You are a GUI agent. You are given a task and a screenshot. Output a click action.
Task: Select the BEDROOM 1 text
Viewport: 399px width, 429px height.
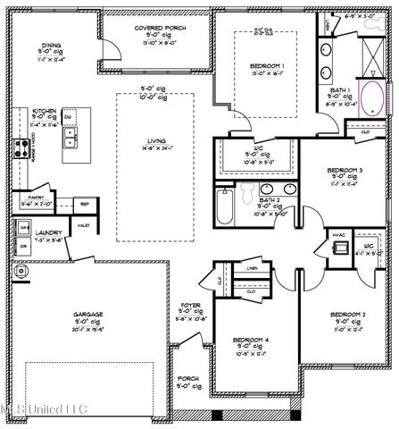point(267,66)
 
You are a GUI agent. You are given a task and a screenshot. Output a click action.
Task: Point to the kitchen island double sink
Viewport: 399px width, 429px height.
point(70,138)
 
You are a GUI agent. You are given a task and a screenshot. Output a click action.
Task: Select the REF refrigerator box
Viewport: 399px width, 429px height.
point(85,204)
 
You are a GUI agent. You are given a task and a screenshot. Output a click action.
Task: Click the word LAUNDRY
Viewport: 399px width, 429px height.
point(48,231)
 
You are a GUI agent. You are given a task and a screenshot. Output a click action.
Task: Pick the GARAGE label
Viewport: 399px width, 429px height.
point(89,315)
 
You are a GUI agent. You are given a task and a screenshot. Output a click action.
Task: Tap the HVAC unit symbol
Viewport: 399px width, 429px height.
point(338,249)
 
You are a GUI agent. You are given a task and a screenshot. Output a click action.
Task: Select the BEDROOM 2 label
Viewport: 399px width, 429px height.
point(348,315)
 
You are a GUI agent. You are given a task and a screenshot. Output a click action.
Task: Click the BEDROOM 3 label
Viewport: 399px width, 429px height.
point(344,170)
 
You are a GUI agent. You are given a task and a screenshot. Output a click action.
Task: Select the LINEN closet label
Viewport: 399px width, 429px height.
point(253,267)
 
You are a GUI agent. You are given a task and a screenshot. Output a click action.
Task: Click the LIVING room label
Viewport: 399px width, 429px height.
point(157,140)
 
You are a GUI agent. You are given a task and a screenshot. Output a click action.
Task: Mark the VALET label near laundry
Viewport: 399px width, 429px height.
point(84,227)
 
